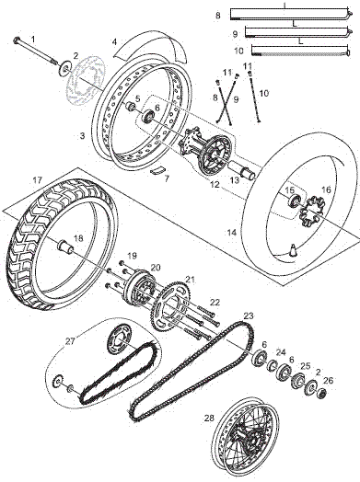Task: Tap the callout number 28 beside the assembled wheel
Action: pos(209,418)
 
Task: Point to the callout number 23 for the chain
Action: pos(248,316)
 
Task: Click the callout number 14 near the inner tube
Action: pos(231,234)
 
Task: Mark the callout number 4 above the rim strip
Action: pos(114,41)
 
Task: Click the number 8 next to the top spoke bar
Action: pos(217,16)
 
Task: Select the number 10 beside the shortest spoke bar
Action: pos(237,50)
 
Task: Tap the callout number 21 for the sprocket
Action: pos(190,279)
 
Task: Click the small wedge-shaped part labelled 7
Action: pos(157,169)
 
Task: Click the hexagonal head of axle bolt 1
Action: pos(17,40)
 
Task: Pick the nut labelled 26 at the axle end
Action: pos(321,395)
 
